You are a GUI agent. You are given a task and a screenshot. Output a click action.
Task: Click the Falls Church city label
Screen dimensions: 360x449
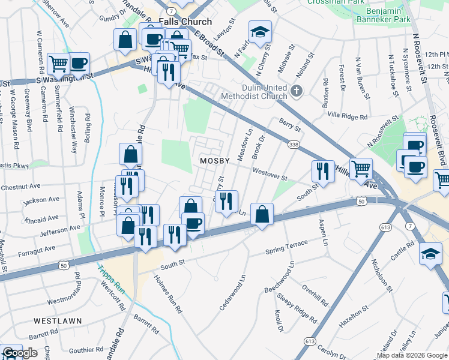185,22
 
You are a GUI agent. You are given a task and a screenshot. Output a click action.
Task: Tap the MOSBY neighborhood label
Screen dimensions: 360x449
215,161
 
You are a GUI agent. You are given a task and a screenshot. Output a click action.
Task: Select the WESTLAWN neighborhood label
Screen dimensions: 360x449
58,321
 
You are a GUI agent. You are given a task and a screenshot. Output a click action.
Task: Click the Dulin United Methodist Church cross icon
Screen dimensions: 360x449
295,91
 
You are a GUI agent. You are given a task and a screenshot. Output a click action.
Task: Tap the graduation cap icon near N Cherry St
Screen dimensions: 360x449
260,32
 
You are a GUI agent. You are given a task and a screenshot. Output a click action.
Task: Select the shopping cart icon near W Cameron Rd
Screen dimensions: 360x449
58,62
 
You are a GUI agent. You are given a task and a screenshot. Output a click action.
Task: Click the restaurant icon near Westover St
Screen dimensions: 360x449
323,172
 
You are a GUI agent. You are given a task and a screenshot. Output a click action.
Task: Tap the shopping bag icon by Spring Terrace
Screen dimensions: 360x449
262,214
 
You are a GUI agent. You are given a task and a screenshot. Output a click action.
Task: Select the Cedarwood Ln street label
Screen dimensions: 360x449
233,292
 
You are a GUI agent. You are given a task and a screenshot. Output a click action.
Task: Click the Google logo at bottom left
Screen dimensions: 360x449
20,353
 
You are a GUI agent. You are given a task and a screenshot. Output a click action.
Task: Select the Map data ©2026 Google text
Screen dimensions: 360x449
412,355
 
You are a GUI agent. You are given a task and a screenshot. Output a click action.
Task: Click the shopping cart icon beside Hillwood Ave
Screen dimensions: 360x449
361,169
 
